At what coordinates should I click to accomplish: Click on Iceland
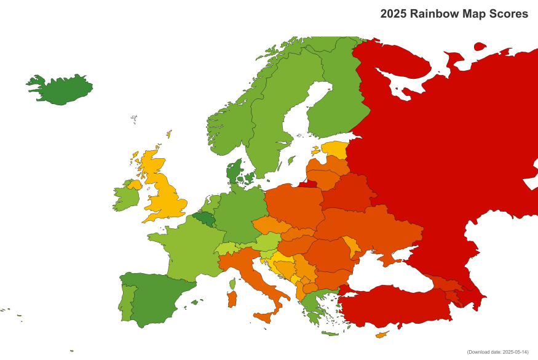pos(61,90)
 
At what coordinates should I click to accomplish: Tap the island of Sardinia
pos(232,299)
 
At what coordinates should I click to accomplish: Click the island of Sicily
pos(265,317)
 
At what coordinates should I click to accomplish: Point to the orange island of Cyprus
pos(382,335)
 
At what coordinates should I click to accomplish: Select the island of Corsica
pos(232,284)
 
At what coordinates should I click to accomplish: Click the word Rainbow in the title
pos(431,14)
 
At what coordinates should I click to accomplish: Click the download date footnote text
pos(497,351)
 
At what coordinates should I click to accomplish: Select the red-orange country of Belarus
pos(348,192)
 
